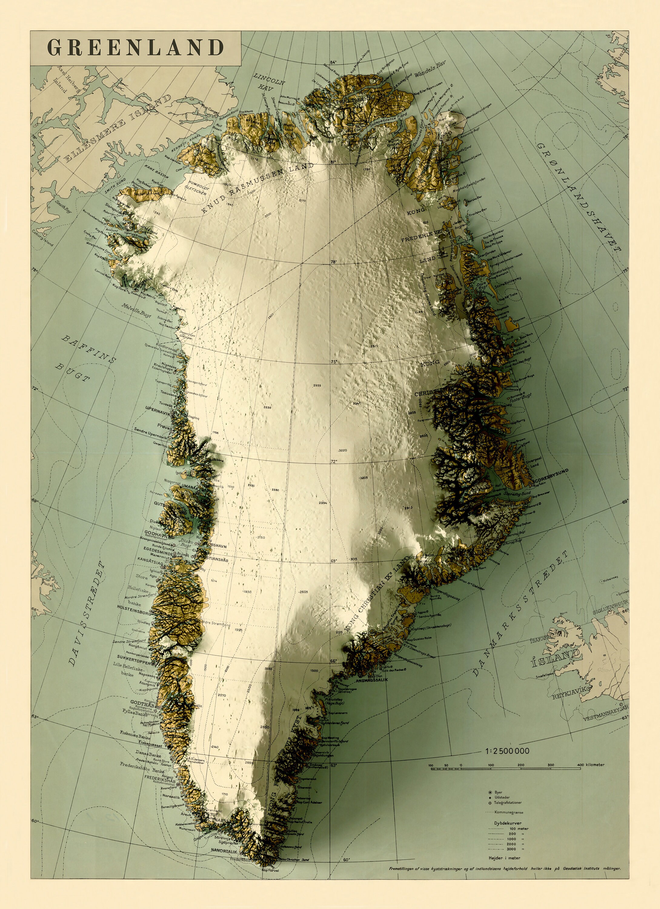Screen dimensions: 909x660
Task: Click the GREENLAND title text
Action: (x=135, y=47)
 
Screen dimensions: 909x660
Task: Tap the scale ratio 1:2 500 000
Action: (x=507, y=751)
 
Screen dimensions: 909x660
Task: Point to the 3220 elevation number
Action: (x=343, y=450)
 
